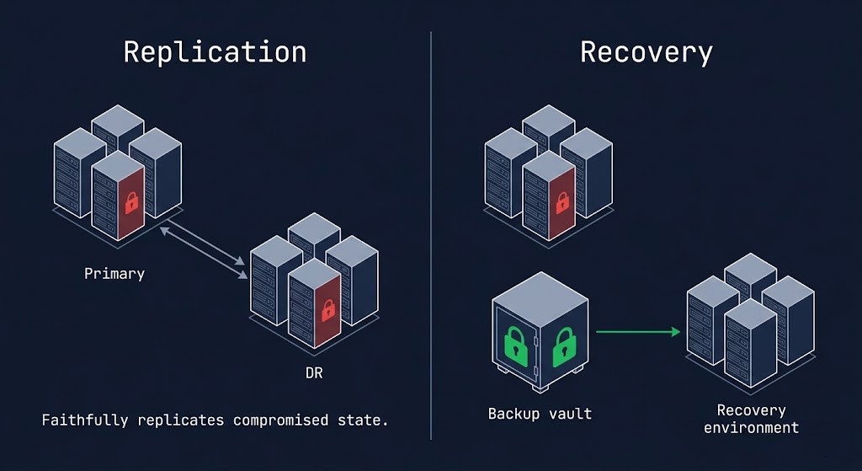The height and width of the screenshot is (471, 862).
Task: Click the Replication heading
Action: (x=215, y=51)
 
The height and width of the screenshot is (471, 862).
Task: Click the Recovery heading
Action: (x=646, y=51)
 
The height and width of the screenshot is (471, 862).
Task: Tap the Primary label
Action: (x=114, y=274)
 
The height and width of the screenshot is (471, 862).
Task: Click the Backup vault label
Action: (x=540, y=414)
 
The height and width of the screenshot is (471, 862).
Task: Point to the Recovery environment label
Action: (x=751, y=419)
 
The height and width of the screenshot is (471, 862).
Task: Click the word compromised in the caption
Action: (x=280, y=420)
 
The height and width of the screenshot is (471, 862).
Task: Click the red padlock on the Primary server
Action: (x=130, y=202)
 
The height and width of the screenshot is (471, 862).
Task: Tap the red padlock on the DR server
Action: (x=327, y=309)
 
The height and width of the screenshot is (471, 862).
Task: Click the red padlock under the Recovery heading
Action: (x=561, y=202)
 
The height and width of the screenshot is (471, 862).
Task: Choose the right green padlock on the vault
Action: (x=563, y=347)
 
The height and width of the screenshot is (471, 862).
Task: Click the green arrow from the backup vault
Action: (x=637, y=332)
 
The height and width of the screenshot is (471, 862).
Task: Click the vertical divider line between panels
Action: (x=431, y=236)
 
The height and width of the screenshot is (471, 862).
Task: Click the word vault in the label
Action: (x=570, y=414)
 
